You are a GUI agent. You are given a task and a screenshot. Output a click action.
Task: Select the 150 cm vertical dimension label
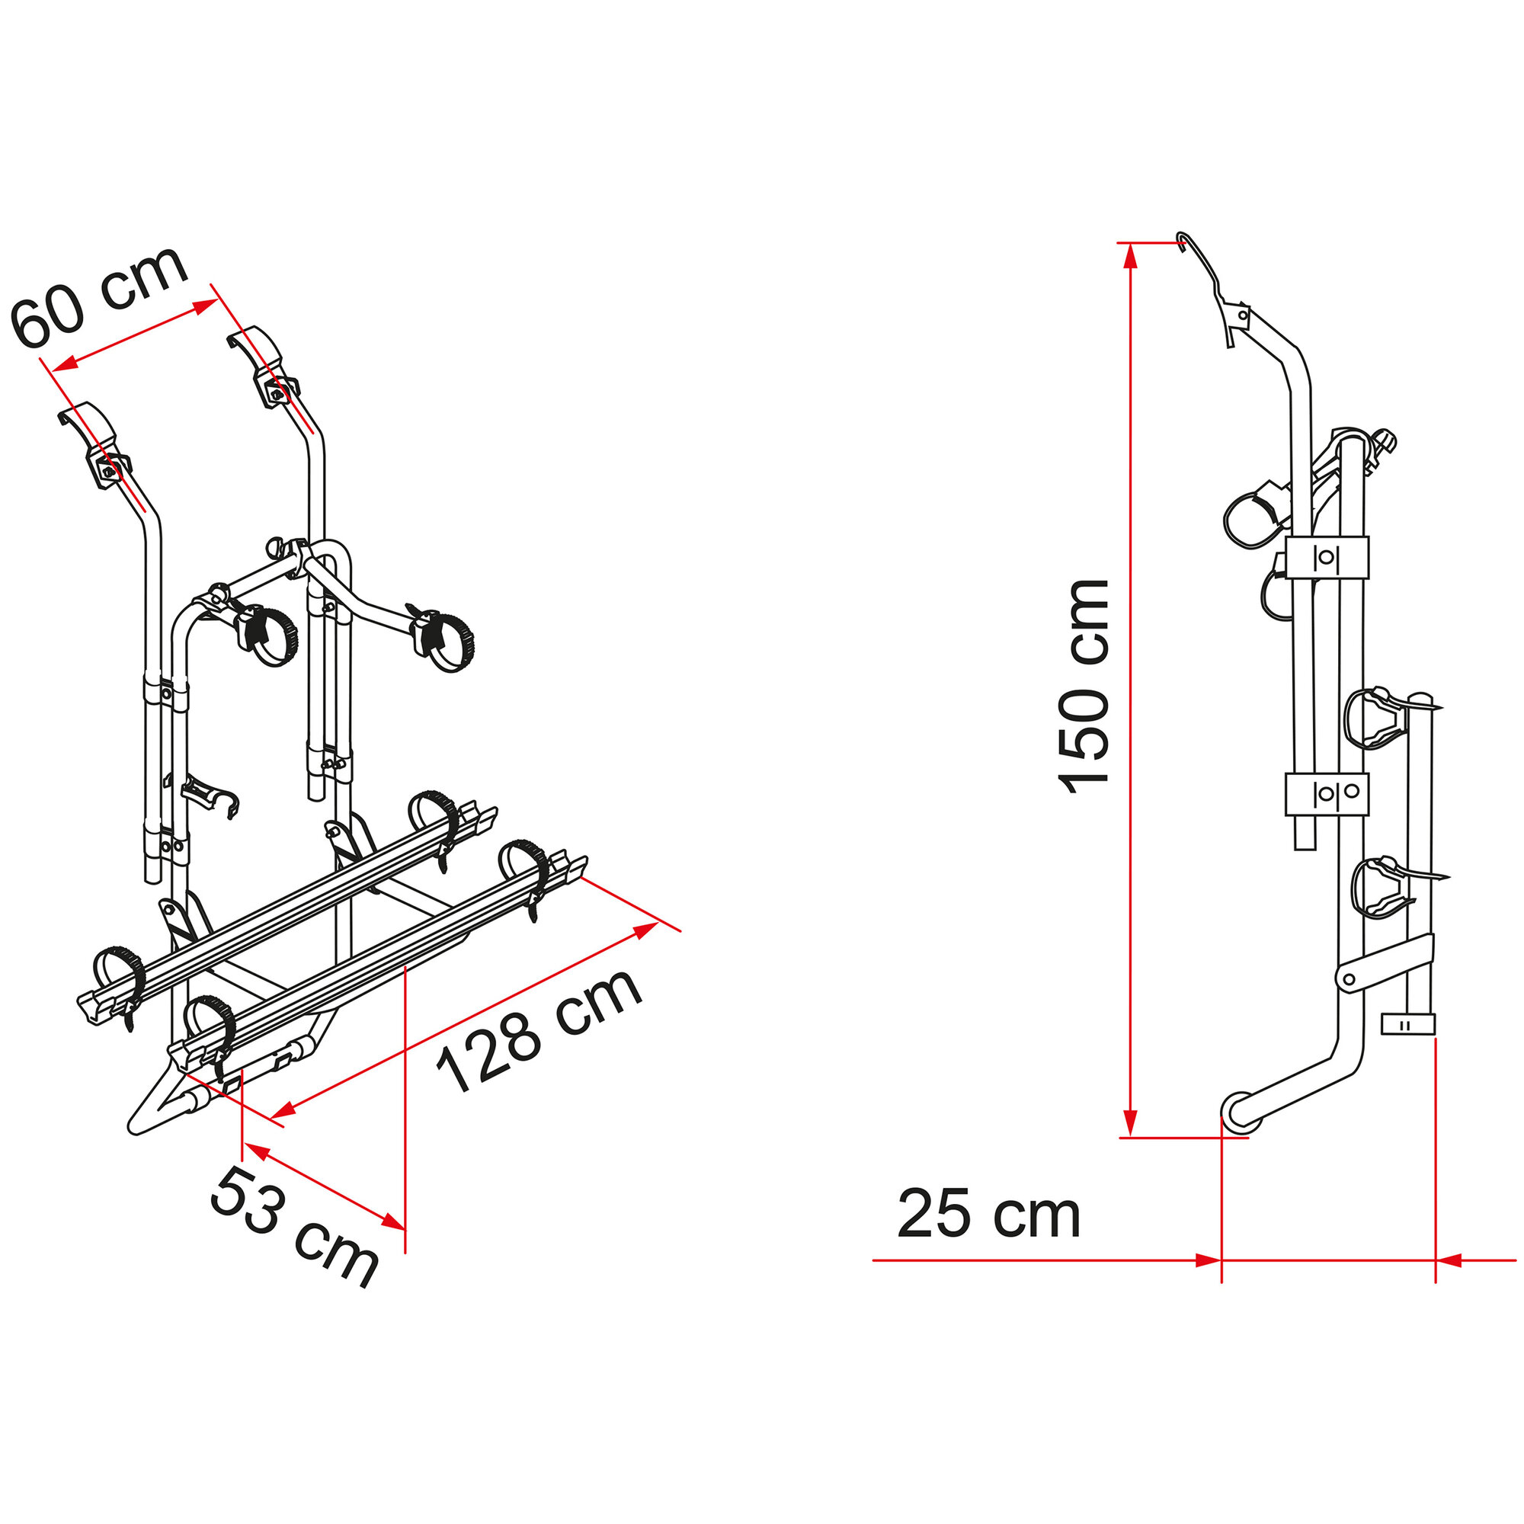click(1084, 687)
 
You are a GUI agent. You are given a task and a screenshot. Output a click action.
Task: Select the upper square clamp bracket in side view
click(1326, 557)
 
